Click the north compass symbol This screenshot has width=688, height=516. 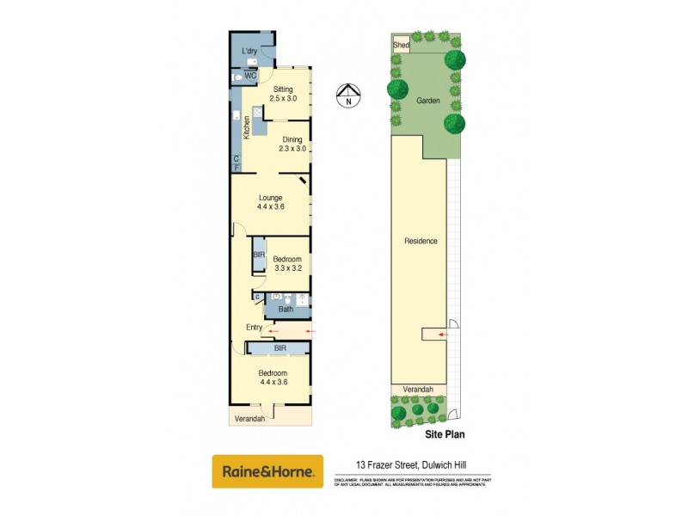348,95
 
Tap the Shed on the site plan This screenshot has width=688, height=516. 401,45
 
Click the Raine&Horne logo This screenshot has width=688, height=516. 267,471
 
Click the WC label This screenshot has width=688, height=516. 250,77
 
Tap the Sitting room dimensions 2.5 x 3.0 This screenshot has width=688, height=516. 282,99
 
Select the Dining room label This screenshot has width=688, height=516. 292,139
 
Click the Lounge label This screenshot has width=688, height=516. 270,198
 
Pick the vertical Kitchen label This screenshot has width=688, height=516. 246,127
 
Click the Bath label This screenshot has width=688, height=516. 286,310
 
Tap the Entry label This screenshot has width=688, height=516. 255,328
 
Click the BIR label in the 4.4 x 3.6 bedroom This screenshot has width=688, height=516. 279,348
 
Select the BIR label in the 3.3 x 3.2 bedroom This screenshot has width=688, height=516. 258,255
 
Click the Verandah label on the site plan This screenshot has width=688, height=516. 419,390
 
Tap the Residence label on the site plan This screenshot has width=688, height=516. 421,241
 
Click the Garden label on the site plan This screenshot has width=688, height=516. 428,101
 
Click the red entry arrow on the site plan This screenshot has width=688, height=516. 442,335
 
